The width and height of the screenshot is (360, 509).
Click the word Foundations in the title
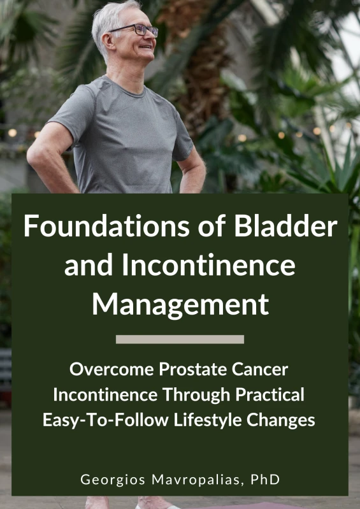[x=106, y=226]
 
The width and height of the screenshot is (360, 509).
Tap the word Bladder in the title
[x=285, y=226]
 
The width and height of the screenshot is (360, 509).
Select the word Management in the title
[x=180, y=306]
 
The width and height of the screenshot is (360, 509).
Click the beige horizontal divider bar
[x=180, y=339]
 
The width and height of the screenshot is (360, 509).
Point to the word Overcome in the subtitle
[x=112, y=369]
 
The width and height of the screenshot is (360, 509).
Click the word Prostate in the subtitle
[x=193, y=369]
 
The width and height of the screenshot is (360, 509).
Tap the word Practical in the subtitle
[x=270, y=395]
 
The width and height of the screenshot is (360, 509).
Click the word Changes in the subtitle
[x=281, y=420]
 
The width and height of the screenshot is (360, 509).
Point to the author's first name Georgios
[x=113, y=480]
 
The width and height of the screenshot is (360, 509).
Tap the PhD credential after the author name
[x=265, y=480]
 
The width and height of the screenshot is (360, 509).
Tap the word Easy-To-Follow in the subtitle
[x=106, y=420]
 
